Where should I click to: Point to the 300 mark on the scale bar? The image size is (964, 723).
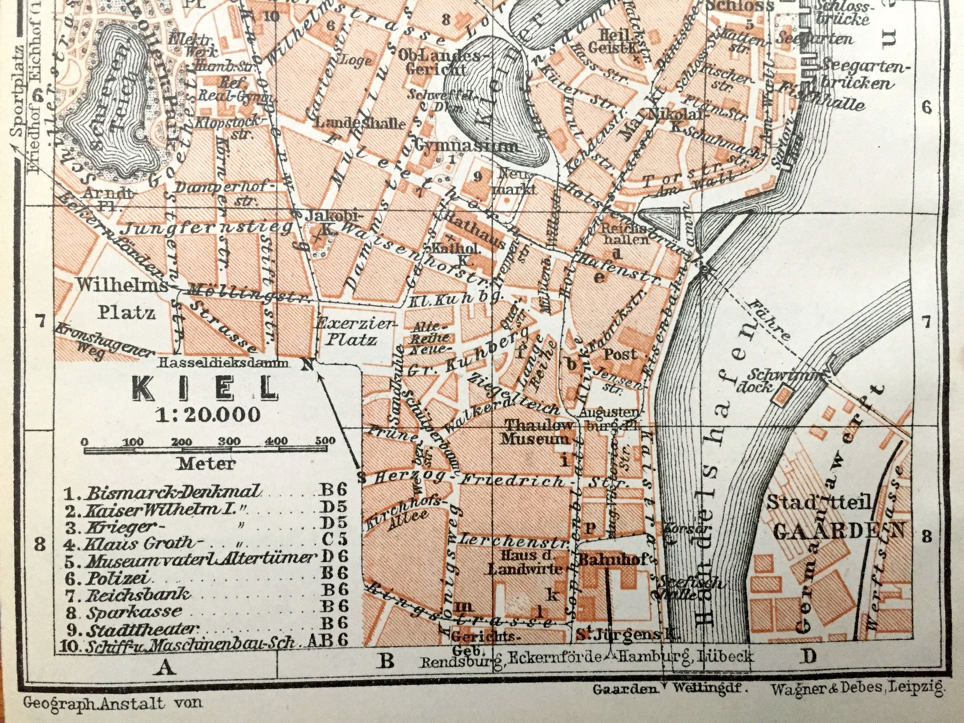tap(229, 441)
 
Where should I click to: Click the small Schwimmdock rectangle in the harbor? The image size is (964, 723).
tap(783, 395)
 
